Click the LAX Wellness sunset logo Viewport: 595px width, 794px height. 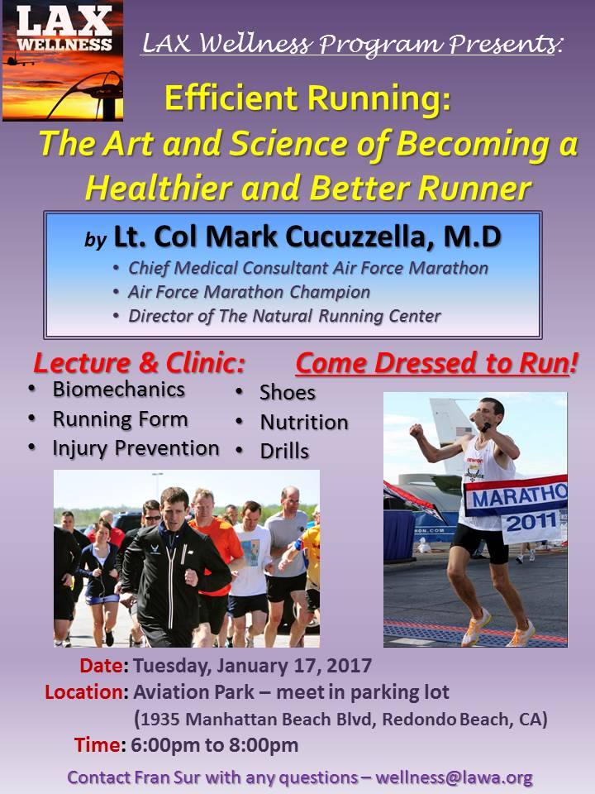point(63,60)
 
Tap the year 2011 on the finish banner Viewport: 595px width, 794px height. point(531,522)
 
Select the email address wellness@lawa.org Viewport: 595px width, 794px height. point(454,777)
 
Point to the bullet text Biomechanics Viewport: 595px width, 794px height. point(119,390)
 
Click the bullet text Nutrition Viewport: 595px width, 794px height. point(304,423)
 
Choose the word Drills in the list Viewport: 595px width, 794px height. point(284,452)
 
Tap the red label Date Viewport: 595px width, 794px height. point(101,665)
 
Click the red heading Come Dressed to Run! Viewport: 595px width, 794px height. point(436,363)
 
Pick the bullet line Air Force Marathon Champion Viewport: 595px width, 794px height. point(249,292)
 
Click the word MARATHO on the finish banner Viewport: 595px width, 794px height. point(519,497)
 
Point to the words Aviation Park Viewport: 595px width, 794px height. point(193,691)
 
